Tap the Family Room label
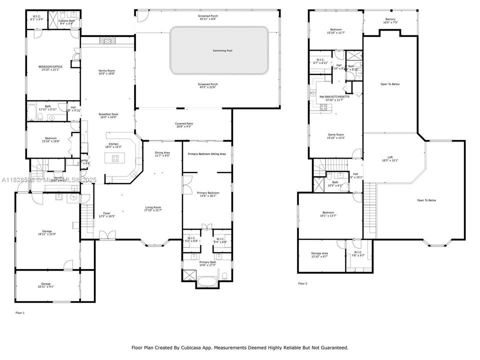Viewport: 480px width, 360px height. click(x=106, y=71)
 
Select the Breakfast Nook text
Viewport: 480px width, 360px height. click(x=108, y=114)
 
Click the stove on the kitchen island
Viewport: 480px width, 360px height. click(x=115, y=159)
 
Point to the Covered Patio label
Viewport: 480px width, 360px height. click(x=183, y=123)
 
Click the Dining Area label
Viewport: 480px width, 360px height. click(x=162, y=152)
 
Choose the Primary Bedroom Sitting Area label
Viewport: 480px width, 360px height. click(x=207, y=154)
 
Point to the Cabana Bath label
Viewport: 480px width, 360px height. click(x=66, y=20)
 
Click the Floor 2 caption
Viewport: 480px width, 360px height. click(x=302, y=283)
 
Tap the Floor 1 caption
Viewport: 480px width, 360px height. click(x=20, y=312)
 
